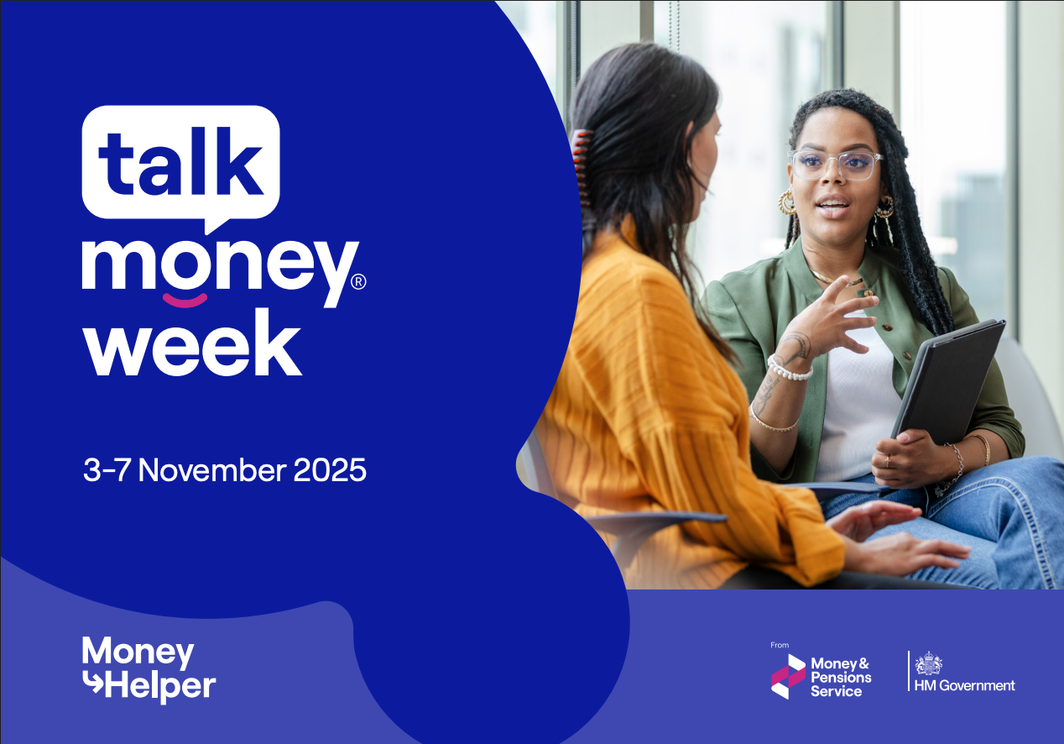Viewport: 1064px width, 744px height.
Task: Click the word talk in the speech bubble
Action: tap(181, 159)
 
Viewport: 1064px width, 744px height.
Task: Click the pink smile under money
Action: tap(184, 299)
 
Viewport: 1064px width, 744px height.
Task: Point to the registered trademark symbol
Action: tap(357, 283)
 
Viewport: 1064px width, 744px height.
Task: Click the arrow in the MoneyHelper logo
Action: tap(91, 686)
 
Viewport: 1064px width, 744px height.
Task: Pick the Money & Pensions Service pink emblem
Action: tap(787, 676)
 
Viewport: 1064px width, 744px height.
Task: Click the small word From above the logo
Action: tap(779, 645)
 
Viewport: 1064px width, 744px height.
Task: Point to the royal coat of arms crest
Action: tap(928, 663)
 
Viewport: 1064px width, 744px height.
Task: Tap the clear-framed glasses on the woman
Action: tap(836, 165)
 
